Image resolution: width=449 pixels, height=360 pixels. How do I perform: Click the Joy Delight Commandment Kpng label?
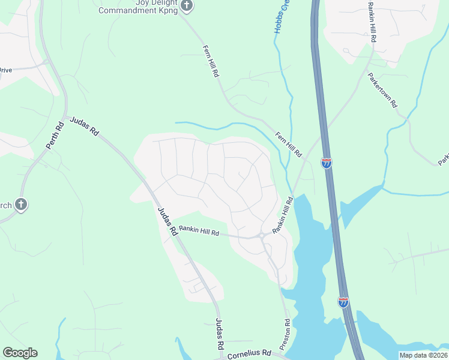coord(138,7)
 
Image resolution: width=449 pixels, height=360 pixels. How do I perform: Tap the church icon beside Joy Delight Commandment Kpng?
coord(187,6)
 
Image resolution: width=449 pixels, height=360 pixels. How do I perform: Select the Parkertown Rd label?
coord(382,90)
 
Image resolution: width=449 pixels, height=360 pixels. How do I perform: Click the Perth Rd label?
coord(55,136)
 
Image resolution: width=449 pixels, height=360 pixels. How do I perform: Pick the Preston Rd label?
coord(288,331)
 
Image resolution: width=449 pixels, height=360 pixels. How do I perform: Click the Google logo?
coord(20,353)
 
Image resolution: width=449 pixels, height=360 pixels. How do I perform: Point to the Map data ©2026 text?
coord(423,355)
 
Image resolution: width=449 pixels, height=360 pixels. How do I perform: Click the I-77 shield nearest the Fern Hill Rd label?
coord(327,163)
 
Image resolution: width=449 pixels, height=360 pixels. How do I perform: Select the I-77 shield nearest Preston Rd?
coord(343,302)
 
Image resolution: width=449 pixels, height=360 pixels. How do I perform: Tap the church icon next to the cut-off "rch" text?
coord(21,205)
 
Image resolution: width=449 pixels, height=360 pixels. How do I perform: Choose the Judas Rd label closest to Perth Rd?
coord(84,127)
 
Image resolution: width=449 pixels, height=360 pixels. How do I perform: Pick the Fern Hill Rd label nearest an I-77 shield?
coord(288,145)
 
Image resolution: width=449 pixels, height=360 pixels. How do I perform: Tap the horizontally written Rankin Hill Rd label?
coord(199,232)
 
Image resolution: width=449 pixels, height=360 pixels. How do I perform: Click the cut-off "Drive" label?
coord(5,70)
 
